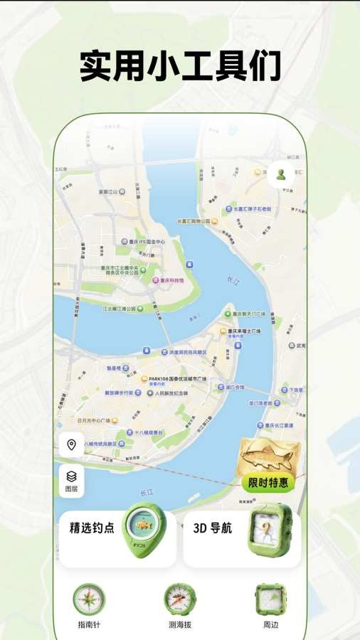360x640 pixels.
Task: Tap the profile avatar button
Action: (280, 175)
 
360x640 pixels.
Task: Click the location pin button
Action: (71, 445)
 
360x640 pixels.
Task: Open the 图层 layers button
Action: (71, 481)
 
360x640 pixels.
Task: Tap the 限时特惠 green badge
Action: (269, 483)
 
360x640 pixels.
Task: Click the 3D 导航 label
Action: (213, 528)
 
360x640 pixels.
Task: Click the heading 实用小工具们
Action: (180, 67)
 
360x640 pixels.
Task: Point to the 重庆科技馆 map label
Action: (171, 280)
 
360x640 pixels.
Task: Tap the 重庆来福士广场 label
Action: (245, 331)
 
